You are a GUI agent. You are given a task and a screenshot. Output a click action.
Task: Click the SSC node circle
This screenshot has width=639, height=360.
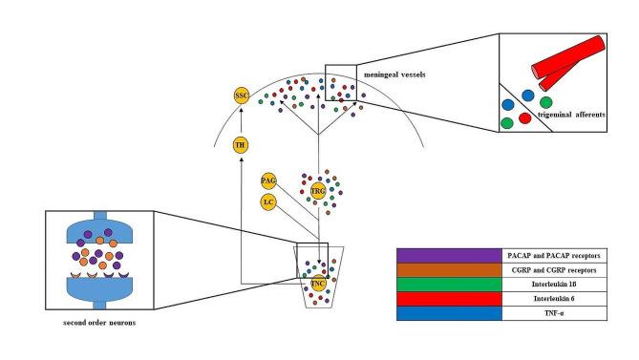(243, 95)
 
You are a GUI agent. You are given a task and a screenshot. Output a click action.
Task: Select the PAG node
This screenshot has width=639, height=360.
(270, 180)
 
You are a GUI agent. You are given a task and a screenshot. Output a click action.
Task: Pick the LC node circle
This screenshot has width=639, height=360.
(270, 201)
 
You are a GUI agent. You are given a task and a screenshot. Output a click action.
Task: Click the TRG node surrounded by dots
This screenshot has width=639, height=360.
(319, 190)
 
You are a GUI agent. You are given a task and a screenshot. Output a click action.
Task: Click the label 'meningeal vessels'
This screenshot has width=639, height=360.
(392, 73)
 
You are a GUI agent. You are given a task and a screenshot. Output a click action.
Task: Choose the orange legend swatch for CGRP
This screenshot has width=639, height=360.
(448, 270)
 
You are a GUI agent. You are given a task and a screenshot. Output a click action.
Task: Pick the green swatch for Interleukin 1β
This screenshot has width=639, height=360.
(448, 285)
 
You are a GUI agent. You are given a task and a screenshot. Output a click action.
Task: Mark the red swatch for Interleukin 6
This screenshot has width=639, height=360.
(448, 299)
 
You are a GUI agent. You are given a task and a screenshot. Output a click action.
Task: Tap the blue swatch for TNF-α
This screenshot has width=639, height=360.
(448, 313)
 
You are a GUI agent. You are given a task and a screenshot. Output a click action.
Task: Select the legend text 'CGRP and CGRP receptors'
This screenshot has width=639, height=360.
(555, 270)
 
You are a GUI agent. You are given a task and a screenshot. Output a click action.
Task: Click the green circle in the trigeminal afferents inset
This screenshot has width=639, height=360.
(546, 101)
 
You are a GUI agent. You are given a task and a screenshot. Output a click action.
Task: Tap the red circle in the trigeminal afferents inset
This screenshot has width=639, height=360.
(524, 118)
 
